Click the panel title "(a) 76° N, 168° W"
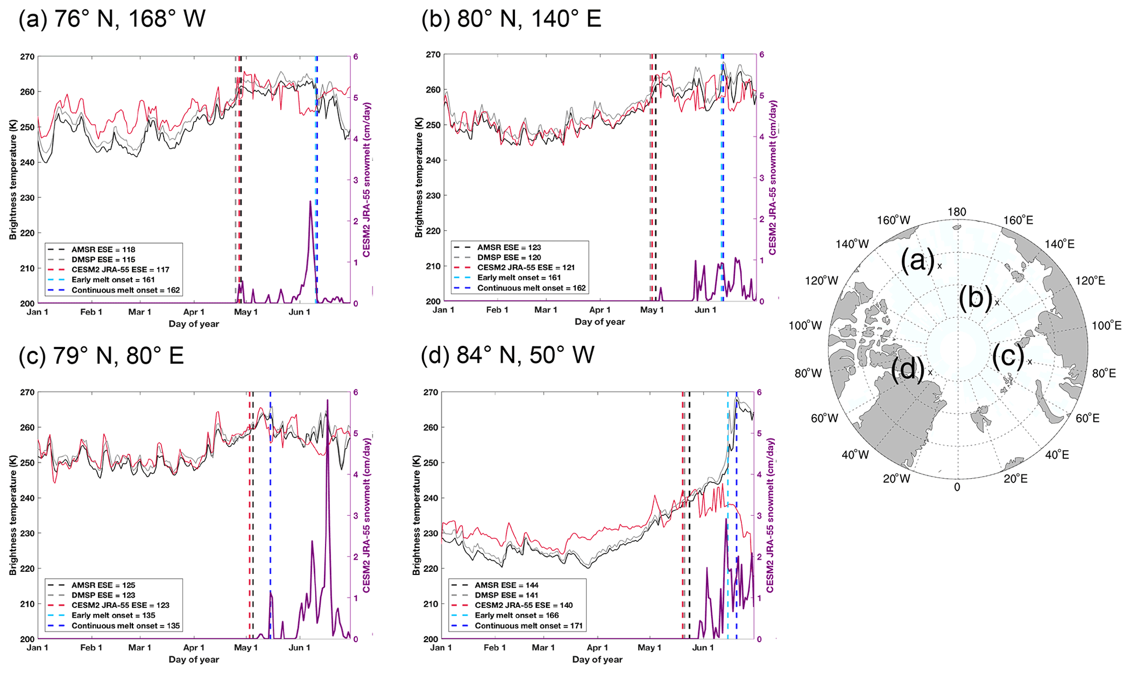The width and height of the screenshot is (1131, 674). (x=112, y=19)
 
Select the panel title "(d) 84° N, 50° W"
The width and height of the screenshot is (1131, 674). (x=507, y=356)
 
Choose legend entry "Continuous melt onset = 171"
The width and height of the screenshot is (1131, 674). (x=528, y=626)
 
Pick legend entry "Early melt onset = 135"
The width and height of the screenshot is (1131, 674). (x=113, y=615)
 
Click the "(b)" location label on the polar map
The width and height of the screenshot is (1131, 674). (x=976, y=299)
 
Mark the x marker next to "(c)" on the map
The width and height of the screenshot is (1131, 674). (x=1030, y=362)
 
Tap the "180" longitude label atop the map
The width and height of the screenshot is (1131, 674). (x=956, y=212)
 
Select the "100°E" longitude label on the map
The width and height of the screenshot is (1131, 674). (x=1106, y=326)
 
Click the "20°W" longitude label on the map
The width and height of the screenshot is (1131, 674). (x=896, y=479)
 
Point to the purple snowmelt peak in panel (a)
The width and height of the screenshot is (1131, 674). (x=310, y=202)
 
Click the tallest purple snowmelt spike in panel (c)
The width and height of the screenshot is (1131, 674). (x=328, y=400)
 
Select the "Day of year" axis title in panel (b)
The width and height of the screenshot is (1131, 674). (x=599, y=322)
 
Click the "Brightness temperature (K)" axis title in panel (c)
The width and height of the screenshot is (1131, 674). (x=13, y=515)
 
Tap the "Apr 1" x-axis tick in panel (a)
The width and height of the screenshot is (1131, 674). (x=194, y=312)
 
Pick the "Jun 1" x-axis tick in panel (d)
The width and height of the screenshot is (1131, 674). (x=703, y=648)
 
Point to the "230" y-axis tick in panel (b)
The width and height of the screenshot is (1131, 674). (x=433, y=195)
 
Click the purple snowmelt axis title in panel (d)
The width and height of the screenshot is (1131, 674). (x=770, y=515)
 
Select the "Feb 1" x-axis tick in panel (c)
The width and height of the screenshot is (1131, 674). (x=91, y=648)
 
